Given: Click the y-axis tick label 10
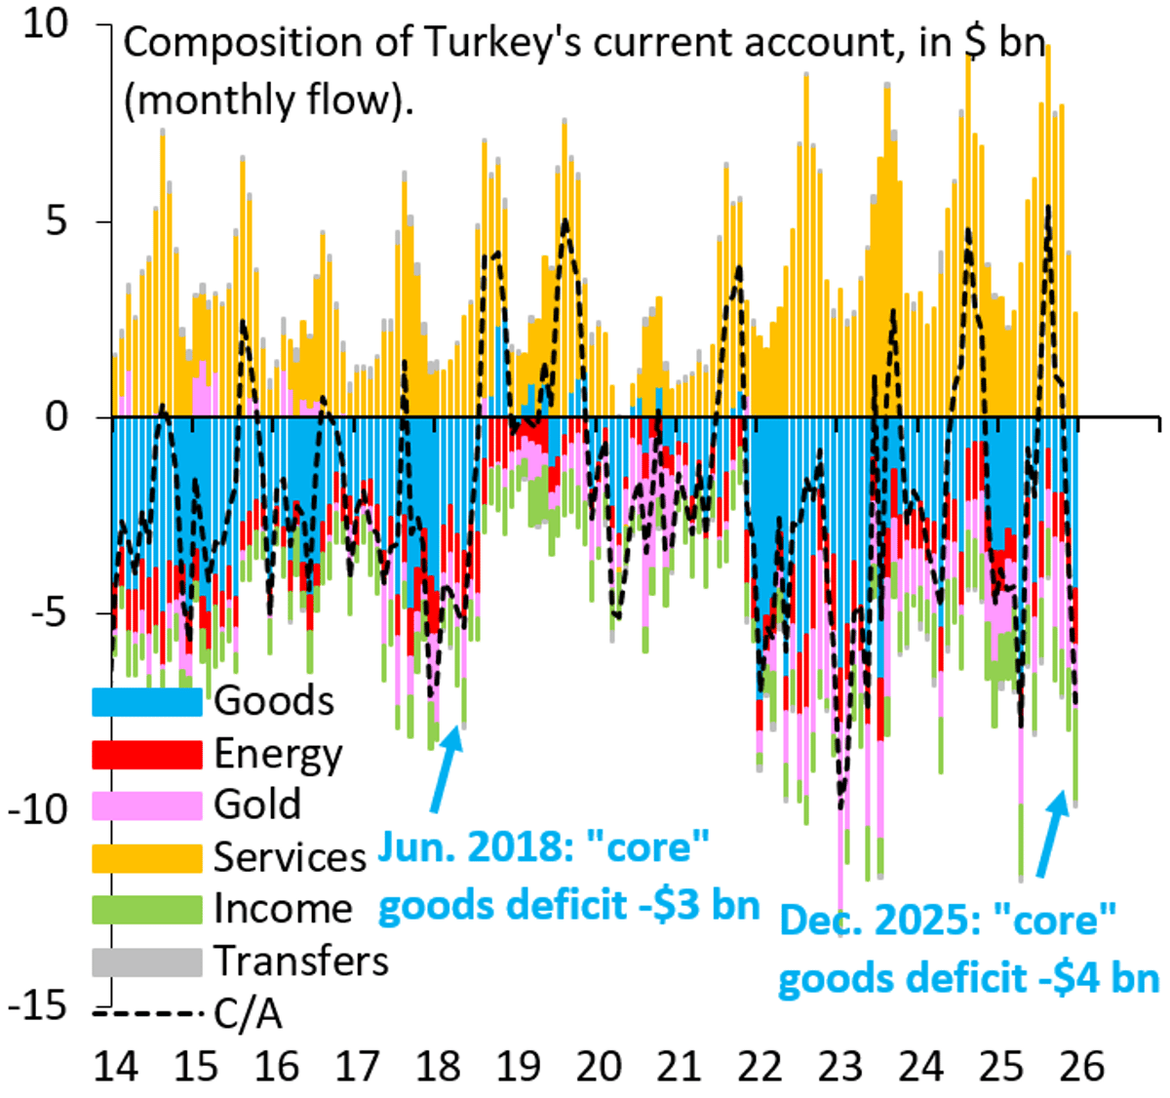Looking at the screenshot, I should tap(47, 23).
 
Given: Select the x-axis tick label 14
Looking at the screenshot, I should tap(115, 1065).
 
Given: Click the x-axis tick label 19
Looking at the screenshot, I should tap(518, 1065).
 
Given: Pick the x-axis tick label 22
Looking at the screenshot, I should tap(760, 1065).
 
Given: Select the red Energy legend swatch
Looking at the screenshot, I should tap(147, 754).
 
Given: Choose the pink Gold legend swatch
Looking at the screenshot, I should tap(147, 805).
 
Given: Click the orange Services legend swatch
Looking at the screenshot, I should tap(147, 858).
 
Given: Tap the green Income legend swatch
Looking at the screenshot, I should tap(147, 910).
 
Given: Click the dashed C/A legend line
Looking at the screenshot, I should tap(147, 1014).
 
